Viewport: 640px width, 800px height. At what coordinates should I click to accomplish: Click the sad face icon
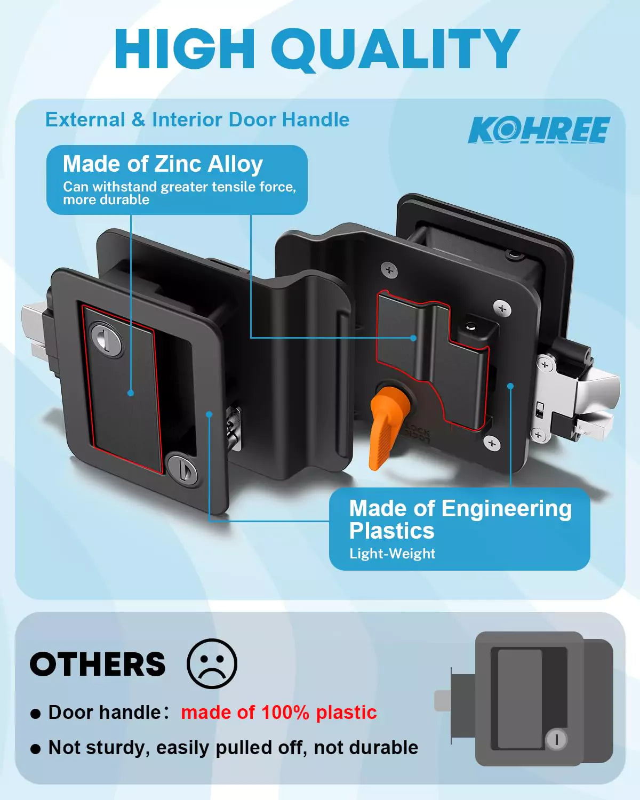(212, 663)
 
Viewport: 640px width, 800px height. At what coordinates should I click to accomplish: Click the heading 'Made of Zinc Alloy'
(163, 164)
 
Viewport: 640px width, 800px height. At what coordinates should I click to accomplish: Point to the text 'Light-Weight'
(392, 554)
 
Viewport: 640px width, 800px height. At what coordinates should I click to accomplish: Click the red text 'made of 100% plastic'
(278, 713)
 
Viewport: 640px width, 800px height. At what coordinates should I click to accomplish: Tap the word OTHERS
(98, 665)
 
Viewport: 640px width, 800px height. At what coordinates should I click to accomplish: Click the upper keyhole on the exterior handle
(107, 339)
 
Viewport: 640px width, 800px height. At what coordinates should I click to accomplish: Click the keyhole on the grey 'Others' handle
(556, 740)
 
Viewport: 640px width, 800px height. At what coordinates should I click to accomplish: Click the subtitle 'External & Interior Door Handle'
(197, 120)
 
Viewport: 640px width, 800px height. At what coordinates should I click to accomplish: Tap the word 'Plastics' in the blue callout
(391, 531)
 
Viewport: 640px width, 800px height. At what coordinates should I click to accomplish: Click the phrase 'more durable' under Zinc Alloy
(106, 200)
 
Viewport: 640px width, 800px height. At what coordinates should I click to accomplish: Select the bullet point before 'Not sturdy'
(36, 749)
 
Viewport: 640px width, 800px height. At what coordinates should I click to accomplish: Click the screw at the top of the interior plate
(389, 270)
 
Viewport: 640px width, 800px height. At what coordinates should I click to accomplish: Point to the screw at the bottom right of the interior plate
(491, 443)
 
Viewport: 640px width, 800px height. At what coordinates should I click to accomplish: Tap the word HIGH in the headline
(184, 49)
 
